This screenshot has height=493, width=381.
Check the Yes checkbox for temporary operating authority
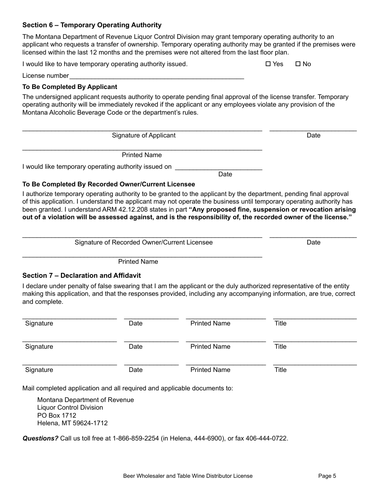click(268, 64)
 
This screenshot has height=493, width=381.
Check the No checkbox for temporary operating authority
click(298, 64)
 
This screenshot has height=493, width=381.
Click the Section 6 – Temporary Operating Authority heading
click(92, 25)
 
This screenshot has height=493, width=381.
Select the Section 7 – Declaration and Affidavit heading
click(81, 276)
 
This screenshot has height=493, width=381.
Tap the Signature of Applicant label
click(144, 135)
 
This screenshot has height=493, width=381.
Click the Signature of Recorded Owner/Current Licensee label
click(144, 242)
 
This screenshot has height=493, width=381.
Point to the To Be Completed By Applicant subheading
click(70, 87)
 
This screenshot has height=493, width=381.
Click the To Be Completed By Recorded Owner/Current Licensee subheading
click(109, 184)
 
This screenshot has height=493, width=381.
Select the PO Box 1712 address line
click(57, 416)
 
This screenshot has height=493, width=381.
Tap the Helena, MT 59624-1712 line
click(72, 423)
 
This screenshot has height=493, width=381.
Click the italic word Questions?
click(41, 438)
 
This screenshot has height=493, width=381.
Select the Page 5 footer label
click(327, 476)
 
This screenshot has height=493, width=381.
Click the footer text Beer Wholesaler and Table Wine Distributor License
click(188, 476)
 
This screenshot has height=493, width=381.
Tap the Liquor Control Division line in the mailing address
click(70, 408)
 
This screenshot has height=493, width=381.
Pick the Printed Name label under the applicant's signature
click(142, 155)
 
